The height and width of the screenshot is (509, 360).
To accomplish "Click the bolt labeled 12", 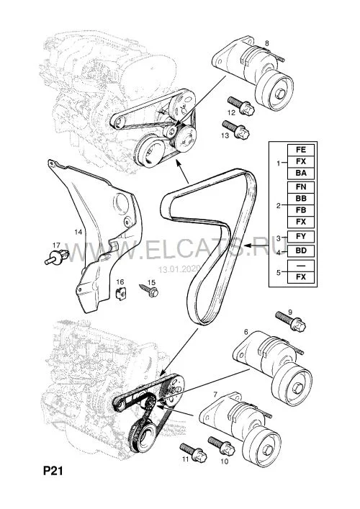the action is click(x=241, y=105).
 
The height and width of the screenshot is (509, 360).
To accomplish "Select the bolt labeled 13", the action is click(x=235, y=130).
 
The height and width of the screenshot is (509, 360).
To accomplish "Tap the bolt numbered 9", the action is click(x=291, y=321).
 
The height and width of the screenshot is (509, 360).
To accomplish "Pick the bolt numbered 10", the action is click(x=222, y=446).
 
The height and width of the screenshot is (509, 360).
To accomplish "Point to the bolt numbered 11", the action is click(x=194, y=453).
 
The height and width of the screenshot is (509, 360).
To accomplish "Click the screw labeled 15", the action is click(x=149, y=289).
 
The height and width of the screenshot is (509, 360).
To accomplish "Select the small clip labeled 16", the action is click(x=121, y=294).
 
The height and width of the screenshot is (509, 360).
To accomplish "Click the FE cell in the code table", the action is click(x=301, y=150).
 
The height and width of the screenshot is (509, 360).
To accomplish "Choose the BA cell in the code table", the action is click(x=301, y=173).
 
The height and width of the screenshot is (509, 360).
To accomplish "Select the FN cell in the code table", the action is click(x=301, y=187).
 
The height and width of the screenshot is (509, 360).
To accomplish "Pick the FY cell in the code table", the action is click(x=301, y=236).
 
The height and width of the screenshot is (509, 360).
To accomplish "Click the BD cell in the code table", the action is click(x=301, y=251).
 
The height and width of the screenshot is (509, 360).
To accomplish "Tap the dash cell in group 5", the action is click(x=301, y=266).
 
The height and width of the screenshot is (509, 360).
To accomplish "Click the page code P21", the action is click(x=53, y=471).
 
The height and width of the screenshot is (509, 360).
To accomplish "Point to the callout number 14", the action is click(x=78, y=232).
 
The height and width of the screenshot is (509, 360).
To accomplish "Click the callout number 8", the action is click(x=267, y=43).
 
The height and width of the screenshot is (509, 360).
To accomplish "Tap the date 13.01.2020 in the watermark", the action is click(x=179, y=269).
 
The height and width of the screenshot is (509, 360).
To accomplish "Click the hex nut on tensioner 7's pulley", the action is click(x=267, y=449).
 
